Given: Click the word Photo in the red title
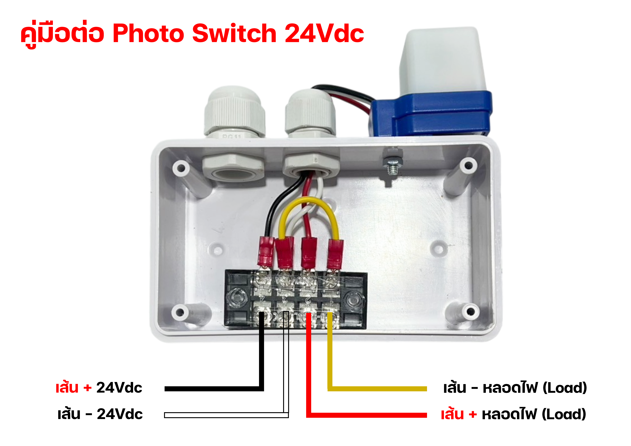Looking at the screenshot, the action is click(148, 33).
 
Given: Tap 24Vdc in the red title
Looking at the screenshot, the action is click(324, 33).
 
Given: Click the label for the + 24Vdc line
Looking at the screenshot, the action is click(99, 388).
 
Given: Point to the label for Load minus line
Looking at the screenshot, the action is click(515, 388).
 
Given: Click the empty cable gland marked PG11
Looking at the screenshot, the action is click(234, 113).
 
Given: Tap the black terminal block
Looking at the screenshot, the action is click(296, 299).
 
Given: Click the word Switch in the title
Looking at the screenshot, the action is click(234, 33).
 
